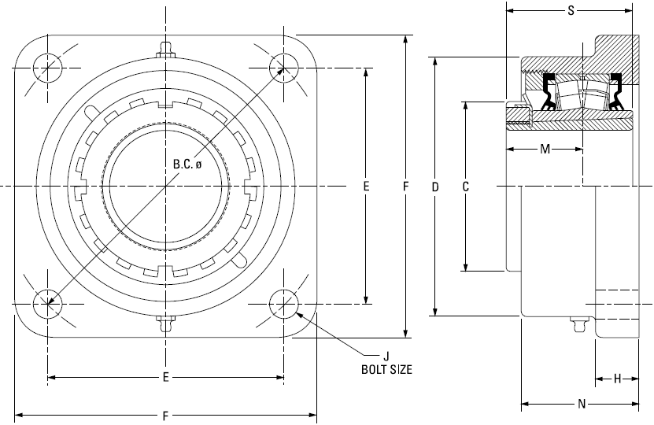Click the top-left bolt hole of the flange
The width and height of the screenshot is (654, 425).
point(47,68)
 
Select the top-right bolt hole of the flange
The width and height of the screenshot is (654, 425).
point(283,68)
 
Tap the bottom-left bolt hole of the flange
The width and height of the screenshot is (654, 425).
point(47,304)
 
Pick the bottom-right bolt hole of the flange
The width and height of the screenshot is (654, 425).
point(283,304)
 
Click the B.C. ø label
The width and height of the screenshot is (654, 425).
point(187,164)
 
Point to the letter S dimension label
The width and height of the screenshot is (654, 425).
point(571,11)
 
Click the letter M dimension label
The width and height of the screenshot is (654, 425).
point(545,149)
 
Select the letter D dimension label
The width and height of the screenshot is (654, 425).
point(435,187)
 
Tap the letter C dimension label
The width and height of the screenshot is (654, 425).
point(466,187)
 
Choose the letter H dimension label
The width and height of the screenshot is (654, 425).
point(617,379)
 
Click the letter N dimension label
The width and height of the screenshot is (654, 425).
point(582,404)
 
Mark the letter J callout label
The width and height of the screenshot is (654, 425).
point(386,356)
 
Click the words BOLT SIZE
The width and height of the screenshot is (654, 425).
point(386,369)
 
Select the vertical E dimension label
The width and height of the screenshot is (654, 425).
point(366,186)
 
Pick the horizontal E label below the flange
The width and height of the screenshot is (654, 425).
point(165,377)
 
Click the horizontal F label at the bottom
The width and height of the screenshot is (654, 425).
point(165,416)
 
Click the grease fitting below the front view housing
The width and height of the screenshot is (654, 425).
point(166,323)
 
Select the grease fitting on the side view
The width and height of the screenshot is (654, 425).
point(578,323)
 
